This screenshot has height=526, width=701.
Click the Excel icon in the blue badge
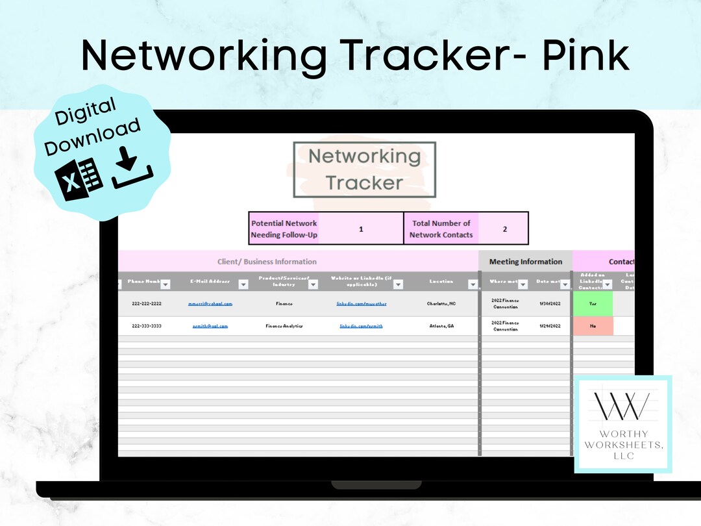(79, 176)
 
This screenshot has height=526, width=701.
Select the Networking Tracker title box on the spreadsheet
(364, 169)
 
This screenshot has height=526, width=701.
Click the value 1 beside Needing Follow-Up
(361, 229)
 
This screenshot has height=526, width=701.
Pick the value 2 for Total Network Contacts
(505, 229)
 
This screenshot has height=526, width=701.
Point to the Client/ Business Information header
(267, 262)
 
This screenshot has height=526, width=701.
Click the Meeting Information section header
(526, 262)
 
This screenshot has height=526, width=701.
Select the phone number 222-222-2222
(147, 303)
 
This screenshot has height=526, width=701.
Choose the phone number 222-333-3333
(147, 326)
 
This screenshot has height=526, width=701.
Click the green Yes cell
(593, 303)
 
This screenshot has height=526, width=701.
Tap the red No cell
(593, 326)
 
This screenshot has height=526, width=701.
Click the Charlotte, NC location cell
(441, 303)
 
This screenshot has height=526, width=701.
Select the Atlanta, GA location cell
(441, 326)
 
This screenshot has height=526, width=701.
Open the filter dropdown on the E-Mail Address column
(243, 284)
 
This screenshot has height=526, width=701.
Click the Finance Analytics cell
(284, 326)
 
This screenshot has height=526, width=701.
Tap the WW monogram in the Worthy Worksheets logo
(623, 406)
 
